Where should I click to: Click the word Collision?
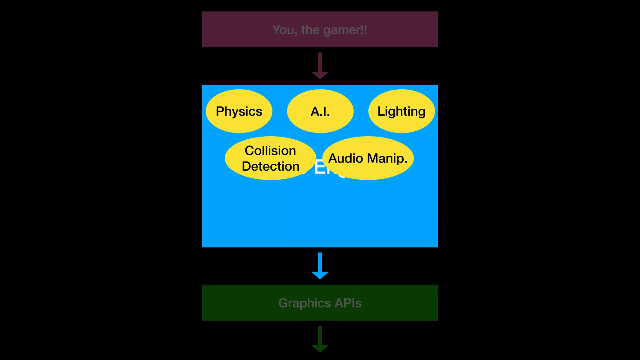point(270,151)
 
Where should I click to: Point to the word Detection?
point(271,166)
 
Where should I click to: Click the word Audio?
point(346,158)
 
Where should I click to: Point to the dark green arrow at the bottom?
point(320,339)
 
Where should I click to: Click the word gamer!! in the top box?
point(345,30)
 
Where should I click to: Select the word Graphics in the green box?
point(304,303)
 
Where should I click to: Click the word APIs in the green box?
point(348,303)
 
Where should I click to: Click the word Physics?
point(239,112)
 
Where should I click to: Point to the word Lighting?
point(401,112)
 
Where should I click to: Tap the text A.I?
point(320,112)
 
